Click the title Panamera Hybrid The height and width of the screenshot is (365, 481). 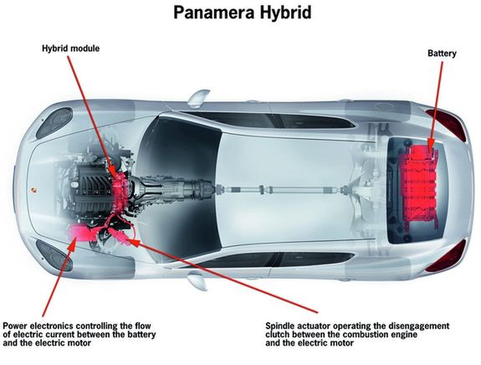click(243, 13)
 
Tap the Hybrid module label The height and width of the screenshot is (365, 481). click(71, 49)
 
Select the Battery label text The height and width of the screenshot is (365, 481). click(442, 54)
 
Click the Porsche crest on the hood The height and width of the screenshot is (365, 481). click(33, 189)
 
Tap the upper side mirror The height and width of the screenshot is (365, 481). click(199, 97)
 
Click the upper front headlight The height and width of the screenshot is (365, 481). click(54, 122)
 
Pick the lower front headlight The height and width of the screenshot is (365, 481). click(54, 255)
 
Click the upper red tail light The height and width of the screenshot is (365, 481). click(448, 124)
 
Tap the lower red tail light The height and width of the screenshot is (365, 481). click(447, 256)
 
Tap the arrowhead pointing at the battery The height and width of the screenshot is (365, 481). click(432, 145)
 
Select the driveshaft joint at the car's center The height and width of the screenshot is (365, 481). click(262, 189)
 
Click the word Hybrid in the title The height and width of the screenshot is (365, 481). click(286, 13)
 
